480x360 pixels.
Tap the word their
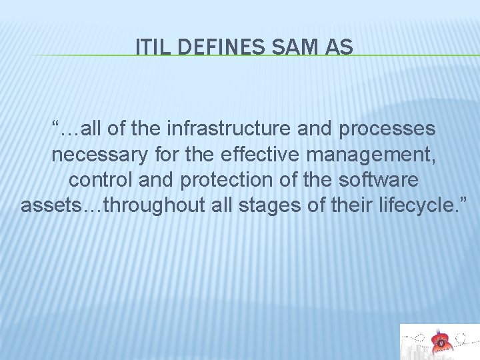point(343,206)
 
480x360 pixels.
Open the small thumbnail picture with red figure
point(439,342)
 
